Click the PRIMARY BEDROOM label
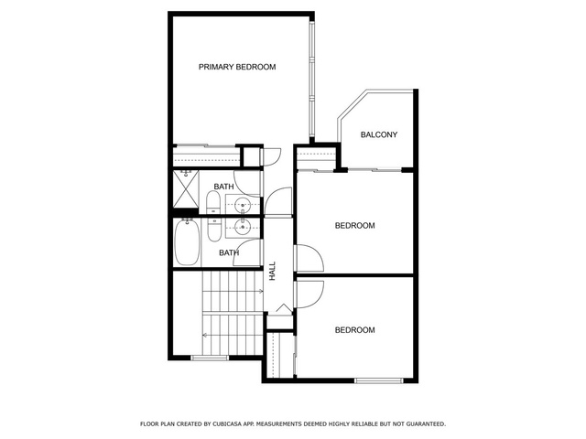pyautogui.click(x=237, y=67)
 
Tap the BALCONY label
pyautogui.click(x=378, y=134)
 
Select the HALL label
pyautogui.click(x=273, y=271)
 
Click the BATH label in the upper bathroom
pyautogui.click(x=223, y=187)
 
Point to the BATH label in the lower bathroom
pyautogui.click(x=229, y=253)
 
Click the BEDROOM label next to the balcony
pyautogui.click(x=354, y=226)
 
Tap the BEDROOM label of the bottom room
pyautogui.click(x=354, y=330)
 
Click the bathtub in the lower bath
pyautogui.click(x=187, y=241)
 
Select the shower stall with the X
pyautogui.click(x=186, y=188)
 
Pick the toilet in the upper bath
pyautogui.click(x=213, y=202)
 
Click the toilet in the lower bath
pyautogui.click(x=214, y=230)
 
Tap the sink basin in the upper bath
pyautogui.click(x=243, y=205)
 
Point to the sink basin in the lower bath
pyautogui.click(x=243, y=226)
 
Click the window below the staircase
pyautogui.click(x=210, y=358)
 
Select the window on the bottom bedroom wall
pyautogui.click(x=379, y=380)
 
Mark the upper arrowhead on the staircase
pyautogui.click(x=261, y=291)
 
